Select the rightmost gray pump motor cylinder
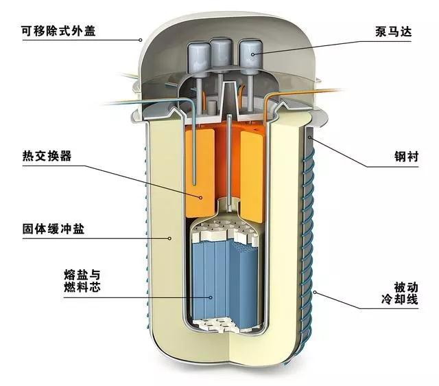pos(247,53)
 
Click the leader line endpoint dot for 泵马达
pos(254,53)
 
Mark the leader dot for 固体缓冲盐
pos(169,238)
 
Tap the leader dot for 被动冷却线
pos(313,293)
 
